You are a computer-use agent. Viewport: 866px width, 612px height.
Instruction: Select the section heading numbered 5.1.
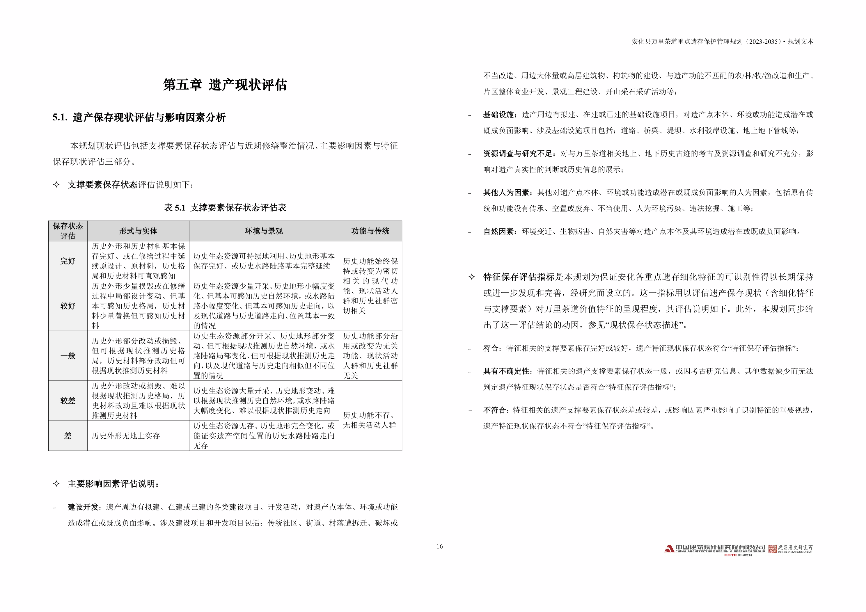(139, 118)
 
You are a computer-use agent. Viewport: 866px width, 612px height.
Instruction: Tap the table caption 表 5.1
(225, 208)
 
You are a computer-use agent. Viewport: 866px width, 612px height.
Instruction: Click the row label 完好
(68, 261)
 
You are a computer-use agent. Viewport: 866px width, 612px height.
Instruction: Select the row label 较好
(68, 306)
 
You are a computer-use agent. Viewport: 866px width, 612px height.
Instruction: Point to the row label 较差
(68, 401)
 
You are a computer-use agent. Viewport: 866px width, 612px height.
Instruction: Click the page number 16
(439, 546)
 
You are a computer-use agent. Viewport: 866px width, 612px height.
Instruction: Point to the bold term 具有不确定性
(506, 371)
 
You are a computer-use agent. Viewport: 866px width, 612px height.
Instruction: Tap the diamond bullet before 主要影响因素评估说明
(56, 484)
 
